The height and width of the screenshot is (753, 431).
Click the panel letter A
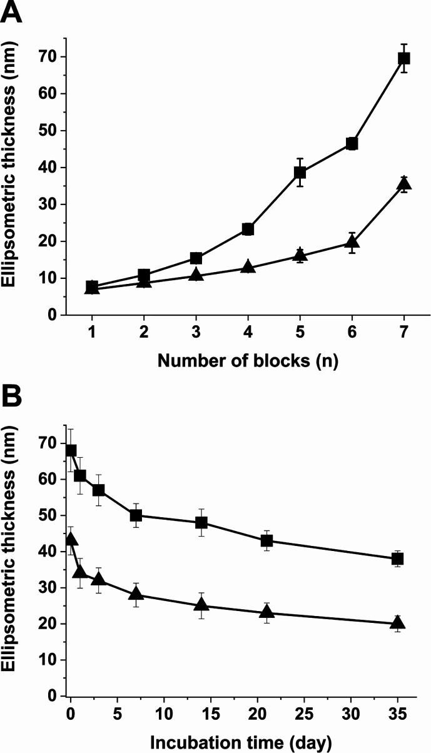click(13, 12)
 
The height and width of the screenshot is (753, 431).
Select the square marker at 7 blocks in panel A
click(404, 58)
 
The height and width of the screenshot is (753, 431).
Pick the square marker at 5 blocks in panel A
click(300, 173)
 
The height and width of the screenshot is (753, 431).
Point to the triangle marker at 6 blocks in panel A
click(352, 242)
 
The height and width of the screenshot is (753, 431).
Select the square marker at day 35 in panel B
click(397, 558)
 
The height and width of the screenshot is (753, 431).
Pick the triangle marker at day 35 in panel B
click(397, 623)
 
